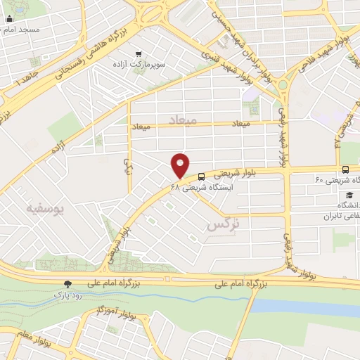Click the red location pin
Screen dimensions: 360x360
click(181, 165)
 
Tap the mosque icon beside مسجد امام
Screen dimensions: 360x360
click(8, 19)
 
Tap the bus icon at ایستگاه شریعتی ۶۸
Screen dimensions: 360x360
click(202, 177)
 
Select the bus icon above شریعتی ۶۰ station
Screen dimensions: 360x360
click(345, 169)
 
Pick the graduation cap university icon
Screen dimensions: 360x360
click(349, 194)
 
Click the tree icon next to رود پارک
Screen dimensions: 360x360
click(67, 284)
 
